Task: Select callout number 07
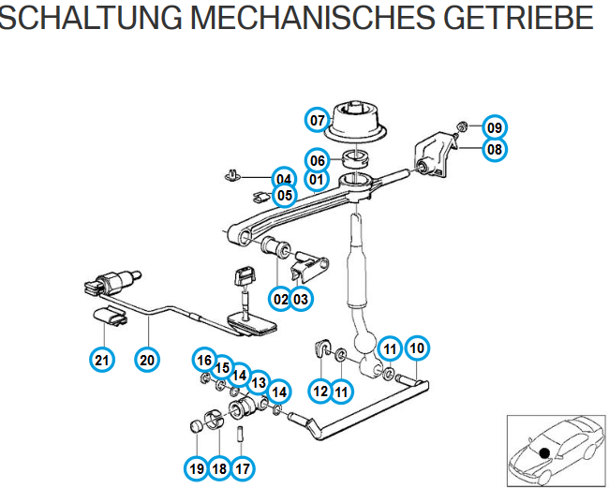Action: pos(318,120)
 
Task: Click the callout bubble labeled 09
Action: pos(494,127)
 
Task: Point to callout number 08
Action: pos(494,148)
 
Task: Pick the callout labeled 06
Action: pos(318,160)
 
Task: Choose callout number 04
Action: pos(284,178)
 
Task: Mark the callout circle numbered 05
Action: pos(284,196)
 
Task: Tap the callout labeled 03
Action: pos(301,299)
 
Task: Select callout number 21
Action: pos(102,357)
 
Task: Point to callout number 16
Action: pos(203,359)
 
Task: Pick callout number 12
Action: pos(320,390)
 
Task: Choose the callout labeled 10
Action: pos(417,348)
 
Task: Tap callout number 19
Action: pos(196,467)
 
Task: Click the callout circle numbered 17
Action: pos(243,467)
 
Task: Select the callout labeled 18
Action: pos(219,467)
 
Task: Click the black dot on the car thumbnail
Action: pos(543,452)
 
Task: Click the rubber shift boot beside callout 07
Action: pos(360,120)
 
